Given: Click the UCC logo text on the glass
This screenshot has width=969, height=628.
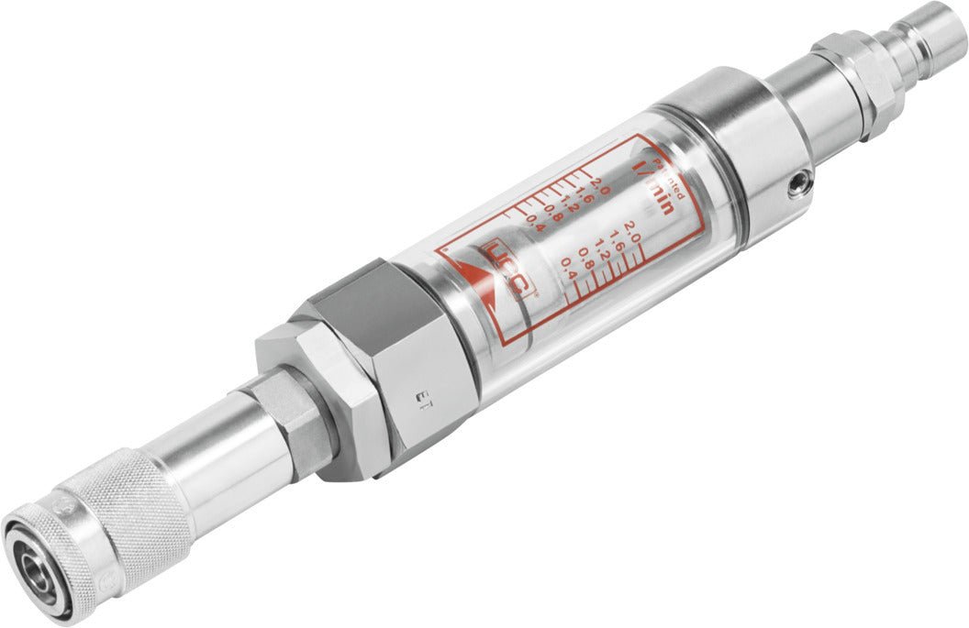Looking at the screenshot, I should (508, 270).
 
